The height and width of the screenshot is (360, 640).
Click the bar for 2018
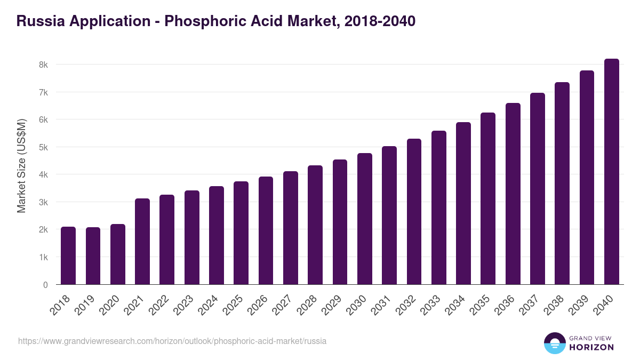coord(68,256)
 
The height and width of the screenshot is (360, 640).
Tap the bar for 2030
coord(365,219)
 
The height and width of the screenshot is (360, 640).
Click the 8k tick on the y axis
coord(43,65)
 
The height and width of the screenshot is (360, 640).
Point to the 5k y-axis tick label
coord(43,147)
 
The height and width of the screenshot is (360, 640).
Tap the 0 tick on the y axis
coord(45,285)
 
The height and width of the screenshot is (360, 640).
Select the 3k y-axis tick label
coord(43,202)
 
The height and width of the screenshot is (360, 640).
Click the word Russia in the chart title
coord(38,21)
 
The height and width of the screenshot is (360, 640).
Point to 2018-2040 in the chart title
coord(380,21)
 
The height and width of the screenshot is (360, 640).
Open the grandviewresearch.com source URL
coord(172,341)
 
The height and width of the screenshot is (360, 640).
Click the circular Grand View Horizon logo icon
coord(554,343)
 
